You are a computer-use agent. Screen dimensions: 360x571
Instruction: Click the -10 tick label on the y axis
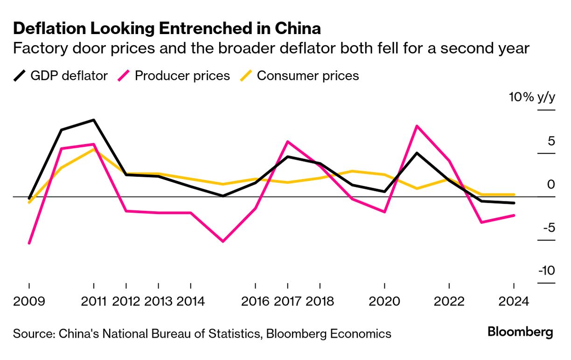point(547,270)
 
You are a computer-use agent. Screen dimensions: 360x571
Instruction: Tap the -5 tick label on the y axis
point(549,228)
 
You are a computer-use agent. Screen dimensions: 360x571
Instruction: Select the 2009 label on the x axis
point(29,301)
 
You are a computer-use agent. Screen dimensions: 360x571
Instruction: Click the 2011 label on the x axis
point(94,301)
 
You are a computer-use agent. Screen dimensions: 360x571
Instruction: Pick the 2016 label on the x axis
point(255,301)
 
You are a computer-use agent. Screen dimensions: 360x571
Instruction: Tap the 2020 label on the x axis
point(384,301)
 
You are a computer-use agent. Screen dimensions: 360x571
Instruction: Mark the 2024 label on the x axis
point(514,301)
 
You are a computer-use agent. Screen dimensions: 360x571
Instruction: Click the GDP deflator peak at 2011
point(94,120)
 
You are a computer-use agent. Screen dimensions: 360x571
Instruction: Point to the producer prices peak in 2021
point(417,126)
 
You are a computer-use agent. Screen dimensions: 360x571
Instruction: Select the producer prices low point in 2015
point(223,241)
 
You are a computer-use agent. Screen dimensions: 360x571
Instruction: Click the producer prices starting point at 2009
point(29,243)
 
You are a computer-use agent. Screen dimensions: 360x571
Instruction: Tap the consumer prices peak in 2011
point(94,149)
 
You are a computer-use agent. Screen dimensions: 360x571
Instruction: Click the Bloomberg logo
point(520,332)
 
